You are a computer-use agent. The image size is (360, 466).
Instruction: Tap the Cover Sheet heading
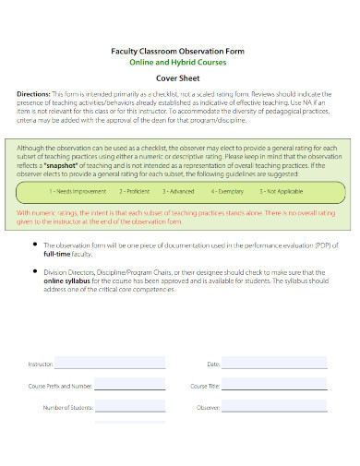(x=181, y=79)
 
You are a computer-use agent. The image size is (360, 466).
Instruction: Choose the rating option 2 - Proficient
(x=135, y=191)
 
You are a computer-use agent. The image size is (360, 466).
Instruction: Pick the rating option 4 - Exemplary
(x=226, y=191)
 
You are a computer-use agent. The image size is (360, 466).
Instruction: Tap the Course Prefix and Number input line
(x=130, y=386)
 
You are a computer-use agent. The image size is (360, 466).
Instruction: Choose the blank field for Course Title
(x=273, y=386)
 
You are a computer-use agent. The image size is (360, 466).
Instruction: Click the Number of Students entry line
(x=130, y=407)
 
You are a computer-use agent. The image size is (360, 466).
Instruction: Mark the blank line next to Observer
(x=273, y=407)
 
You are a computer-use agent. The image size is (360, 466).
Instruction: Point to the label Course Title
(x=205, y=386)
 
